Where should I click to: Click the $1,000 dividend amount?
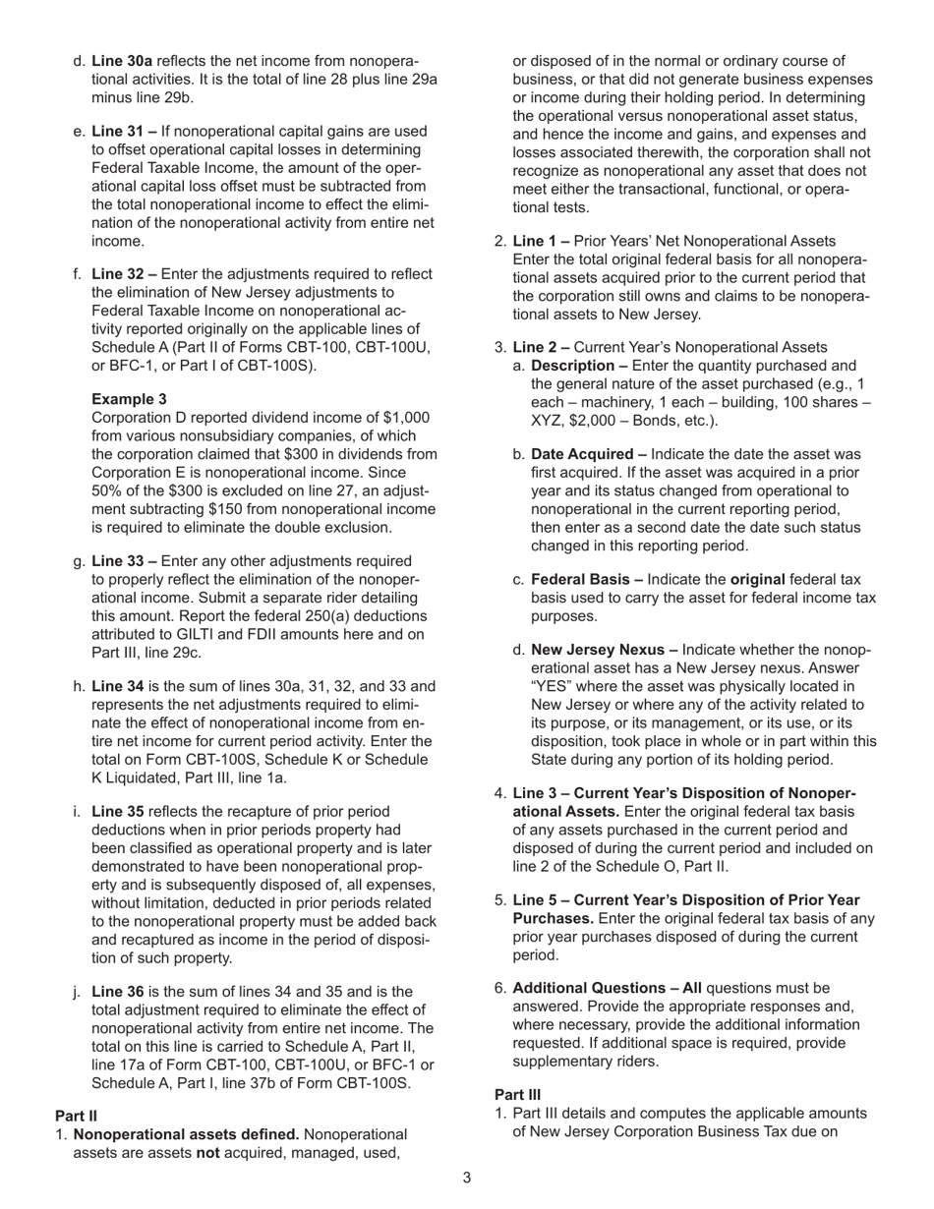(405, 418)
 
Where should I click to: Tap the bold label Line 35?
(118, 812)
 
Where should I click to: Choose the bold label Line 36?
(118, 992)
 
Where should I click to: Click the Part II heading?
(76, 1117)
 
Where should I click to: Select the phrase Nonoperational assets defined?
(187, 1135)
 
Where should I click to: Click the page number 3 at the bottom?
(467, 1179)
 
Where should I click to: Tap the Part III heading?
(517, 1095)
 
